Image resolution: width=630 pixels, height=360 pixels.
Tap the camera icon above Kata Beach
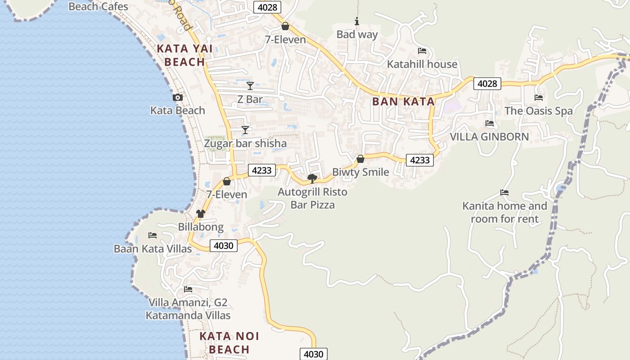(178, 97)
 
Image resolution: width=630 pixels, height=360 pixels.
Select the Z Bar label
(250, 99)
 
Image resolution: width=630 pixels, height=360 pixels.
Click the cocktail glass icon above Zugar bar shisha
(245, 130)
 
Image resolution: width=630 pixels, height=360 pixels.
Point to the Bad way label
(357, 34)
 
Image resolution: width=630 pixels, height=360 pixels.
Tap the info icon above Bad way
(357, 21)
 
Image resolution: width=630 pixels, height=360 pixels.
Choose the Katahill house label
(422, 64)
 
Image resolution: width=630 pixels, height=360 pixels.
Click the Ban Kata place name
(403, 102)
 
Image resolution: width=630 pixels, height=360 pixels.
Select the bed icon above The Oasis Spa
(539, 98)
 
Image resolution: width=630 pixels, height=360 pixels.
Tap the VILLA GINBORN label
(490, 136)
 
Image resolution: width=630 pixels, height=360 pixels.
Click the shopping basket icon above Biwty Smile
(360, 159)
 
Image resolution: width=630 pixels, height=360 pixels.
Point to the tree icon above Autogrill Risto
(312, 179)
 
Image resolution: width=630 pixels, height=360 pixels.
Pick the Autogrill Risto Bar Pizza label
(312, 198)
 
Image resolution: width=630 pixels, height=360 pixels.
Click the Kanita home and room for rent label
(504, 212)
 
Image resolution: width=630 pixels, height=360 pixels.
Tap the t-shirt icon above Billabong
(201, 213)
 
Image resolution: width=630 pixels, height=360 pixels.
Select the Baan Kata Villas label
(153, 248)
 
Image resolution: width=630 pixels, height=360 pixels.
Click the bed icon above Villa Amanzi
(188, 289)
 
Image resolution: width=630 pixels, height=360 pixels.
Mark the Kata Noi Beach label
(229, 342)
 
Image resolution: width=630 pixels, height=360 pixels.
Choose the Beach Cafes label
(98, 6)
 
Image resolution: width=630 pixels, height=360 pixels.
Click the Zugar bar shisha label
(245, 144)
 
